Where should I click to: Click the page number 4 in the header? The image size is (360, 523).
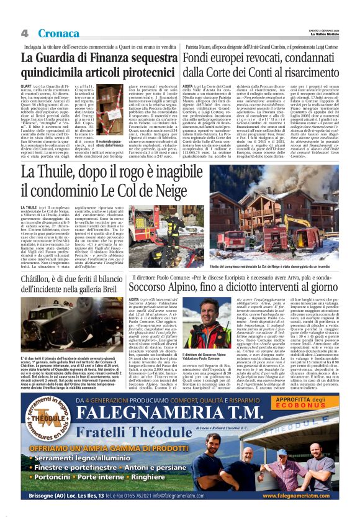(25, 33)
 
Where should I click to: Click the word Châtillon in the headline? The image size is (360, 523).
(40, 278)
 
